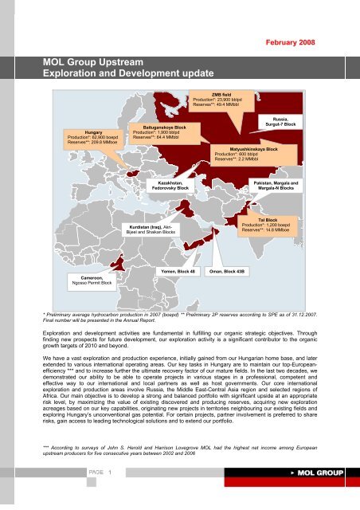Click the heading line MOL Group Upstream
point(92,60)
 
